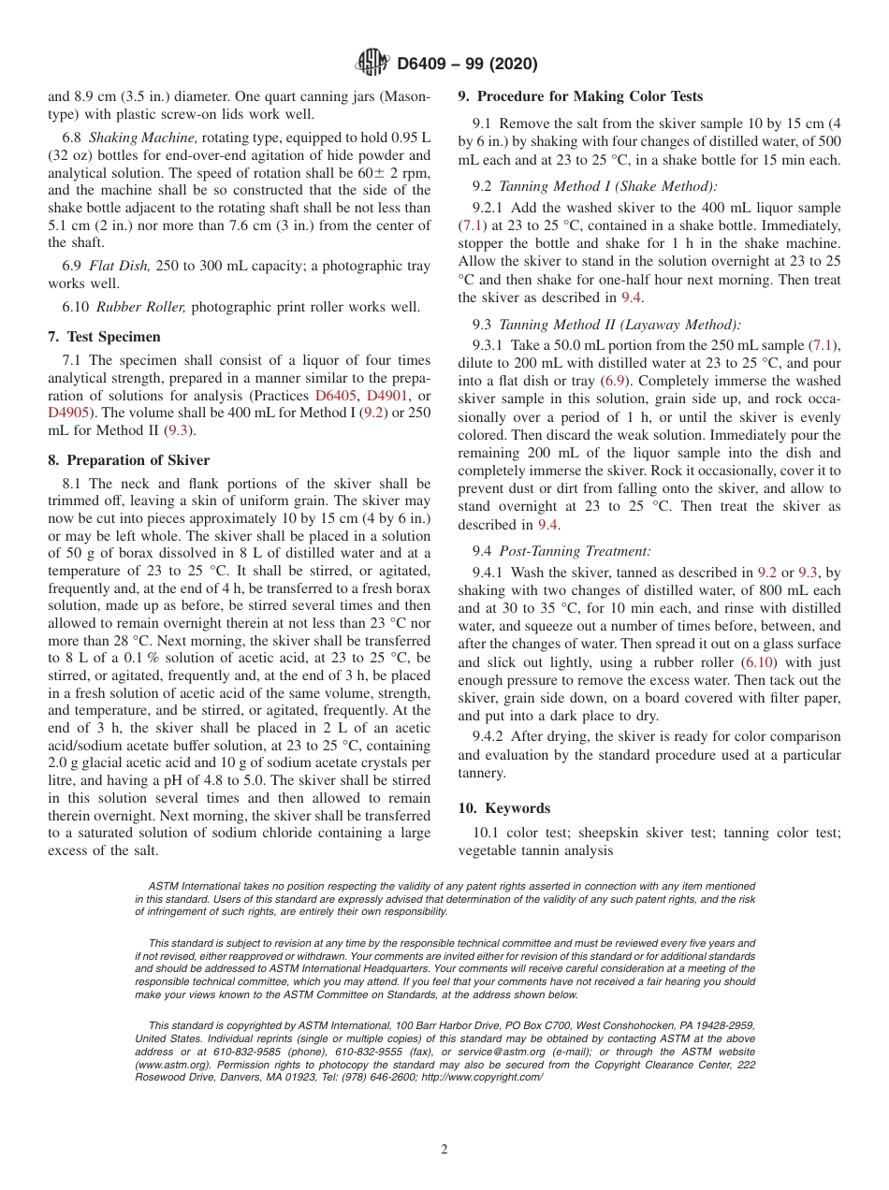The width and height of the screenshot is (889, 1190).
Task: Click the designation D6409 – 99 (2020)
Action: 467,65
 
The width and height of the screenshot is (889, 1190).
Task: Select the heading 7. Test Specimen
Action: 104,337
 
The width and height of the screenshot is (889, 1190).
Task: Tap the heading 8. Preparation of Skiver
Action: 129,460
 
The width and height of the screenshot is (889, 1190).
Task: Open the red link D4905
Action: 71,413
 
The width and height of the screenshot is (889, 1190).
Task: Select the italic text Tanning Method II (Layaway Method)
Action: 619,325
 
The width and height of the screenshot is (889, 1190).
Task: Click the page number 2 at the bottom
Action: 444,1150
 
